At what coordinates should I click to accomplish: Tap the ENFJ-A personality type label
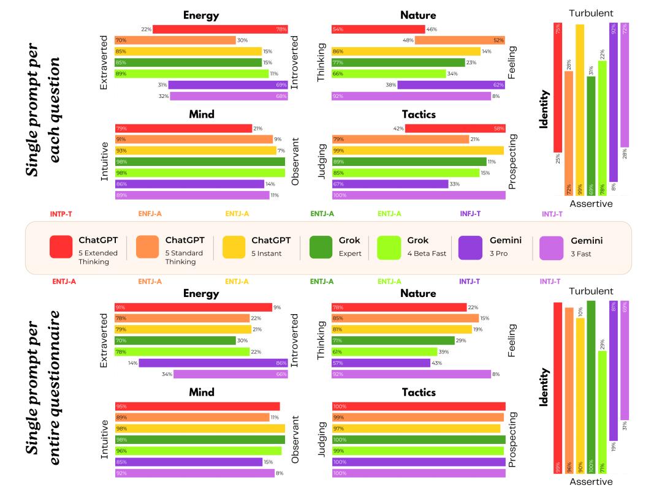tap(150, 214)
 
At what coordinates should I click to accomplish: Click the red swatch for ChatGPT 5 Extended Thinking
tap(61, 247)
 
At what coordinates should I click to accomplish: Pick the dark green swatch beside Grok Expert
tap(321, 247)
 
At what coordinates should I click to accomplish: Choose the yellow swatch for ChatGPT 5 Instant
tap(234, 247)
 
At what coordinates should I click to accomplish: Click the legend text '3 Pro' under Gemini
tap(498, 253)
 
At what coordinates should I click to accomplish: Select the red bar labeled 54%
tap(378, 29)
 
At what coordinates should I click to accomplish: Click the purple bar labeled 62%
tap(451, 85)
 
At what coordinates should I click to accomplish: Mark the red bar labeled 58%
tap(455, 128)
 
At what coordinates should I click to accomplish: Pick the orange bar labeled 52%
tap(460, 40)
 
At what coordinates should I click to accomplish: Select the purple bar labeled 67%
tap(390, 184)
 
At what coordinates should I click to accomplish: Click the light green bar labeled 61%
tap(384, 351)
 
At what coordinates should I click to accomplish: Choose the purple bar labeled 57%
tap(381, 363)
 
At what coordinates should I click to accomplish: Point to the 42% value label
tap(398, 128)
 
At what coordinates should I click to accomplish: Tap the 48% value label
tap(408, 40)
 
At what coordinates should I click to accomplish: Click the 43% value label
tap(438, 363)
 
